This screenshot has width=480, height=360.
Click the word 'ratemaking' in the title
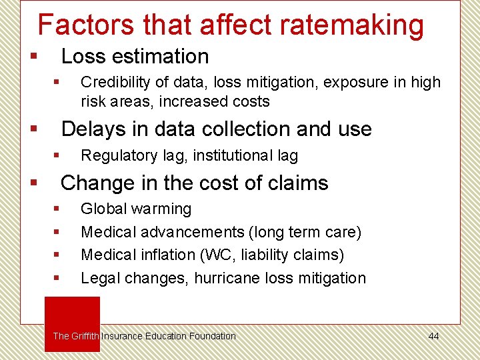[x=351, y=25]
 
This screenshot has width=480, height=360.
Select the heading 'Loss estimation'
[x=135, y=56]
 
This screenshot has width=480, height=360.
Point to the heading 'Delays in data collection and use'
[x=216, y=129]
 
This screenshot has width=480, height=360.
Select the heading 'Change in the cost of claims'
[x=195, y=183]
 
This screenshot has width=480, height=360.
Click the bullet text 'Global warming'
[x=136, y=209]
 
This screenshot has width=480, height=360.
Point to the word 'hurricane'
[x=225, y=278]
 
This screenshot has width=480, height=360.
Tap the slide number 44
[x=433, y=336]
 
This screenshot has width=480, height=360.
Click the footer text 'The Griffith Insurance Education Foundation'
[x=144, y=336]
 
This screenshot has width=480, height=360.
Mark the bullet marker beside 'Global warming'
[x=57, y=209]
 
